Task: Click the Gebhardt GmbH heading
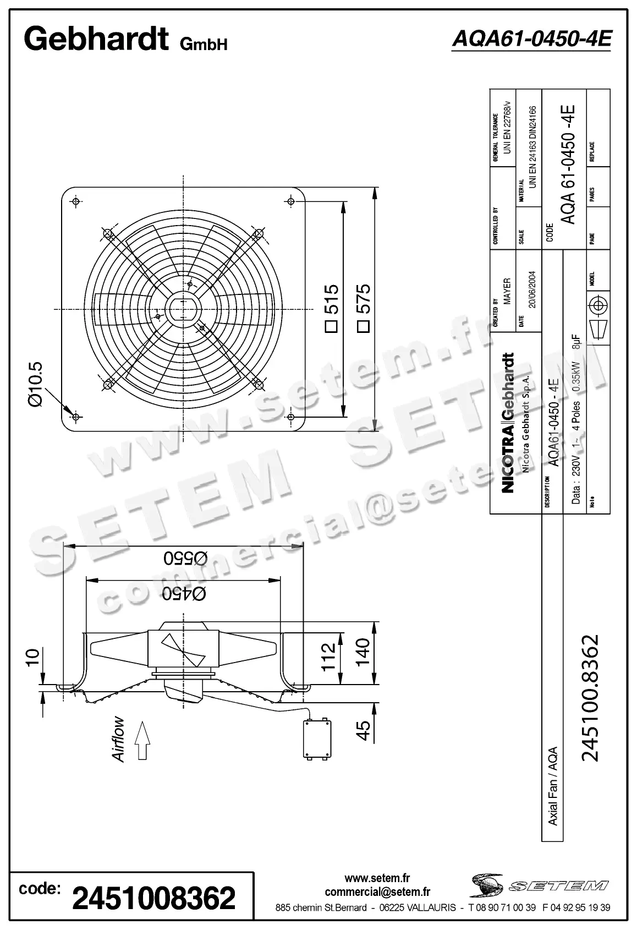[125, 40]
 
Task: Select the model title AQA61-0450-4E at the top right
[531, 39]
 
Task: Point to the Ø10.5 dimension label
[35, 384]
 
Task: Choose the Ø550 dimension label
[185, 558]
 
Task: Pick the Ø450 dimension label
[184, 593]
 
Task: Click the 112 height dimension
[328, 656]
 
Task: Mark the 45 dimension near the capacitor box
[364, 731]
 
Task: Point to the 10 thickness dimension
[32, 657]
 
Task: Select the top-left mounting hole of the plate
[76, 201]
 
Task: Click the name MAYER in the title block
[507, 291]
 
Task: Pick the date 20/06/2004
[532, 289]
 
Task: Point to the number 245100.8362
[590, 698]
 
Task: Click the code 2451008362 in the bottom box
[154, 898]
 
